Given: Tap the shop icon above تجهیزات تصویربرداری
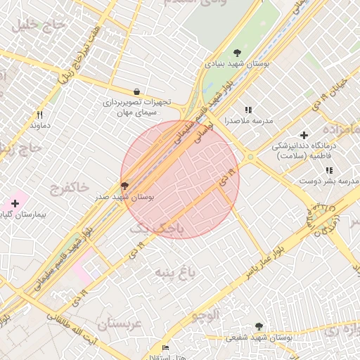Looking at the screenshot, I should click(x=136, y=91).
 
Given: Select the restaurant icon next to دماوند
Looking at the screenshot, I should click(x=40, y=115).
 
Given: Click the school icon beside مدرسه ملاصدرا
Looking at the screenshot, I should click(x=247, y=110).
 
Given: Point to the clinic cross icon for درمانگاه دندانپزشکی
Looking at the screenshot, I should click(x=304, y=134).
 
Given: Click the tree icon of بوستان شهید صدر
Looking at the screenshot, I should click(x=125, y=186).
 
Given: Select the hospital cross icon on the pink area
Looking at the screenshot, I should click(x=15, y=203).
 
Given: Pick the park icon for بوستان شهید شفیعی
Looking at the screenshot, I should click(x=259, y=326).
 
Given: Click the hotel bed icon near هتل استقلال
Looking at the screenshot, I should click(x=165, y=348).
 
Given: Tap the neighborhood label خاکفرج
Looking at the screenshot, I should click(x=69, y=187).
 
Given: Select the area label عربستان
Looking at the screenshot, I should click(x=120, y=324).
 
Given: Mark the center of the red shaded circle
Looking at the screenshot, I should click(x=180, y=180).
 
